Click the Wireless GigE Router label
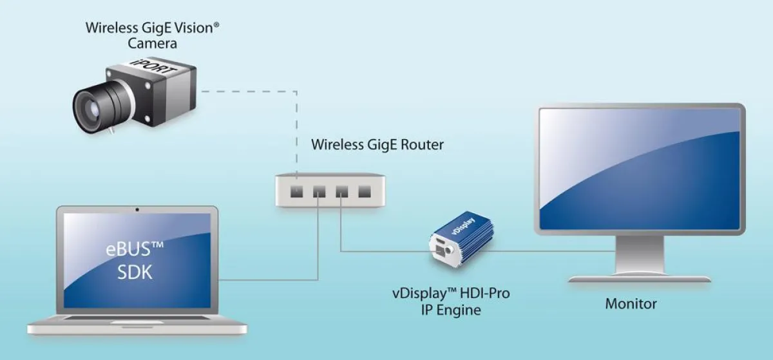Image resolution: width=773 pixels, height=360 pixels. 377,144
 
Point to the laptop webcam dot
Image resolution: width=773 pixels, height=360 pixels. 137,210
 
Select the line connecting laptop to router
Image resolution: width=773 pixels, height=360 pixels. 271,279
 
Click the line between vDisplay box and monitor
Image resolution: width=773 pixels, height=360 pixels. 515,251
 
